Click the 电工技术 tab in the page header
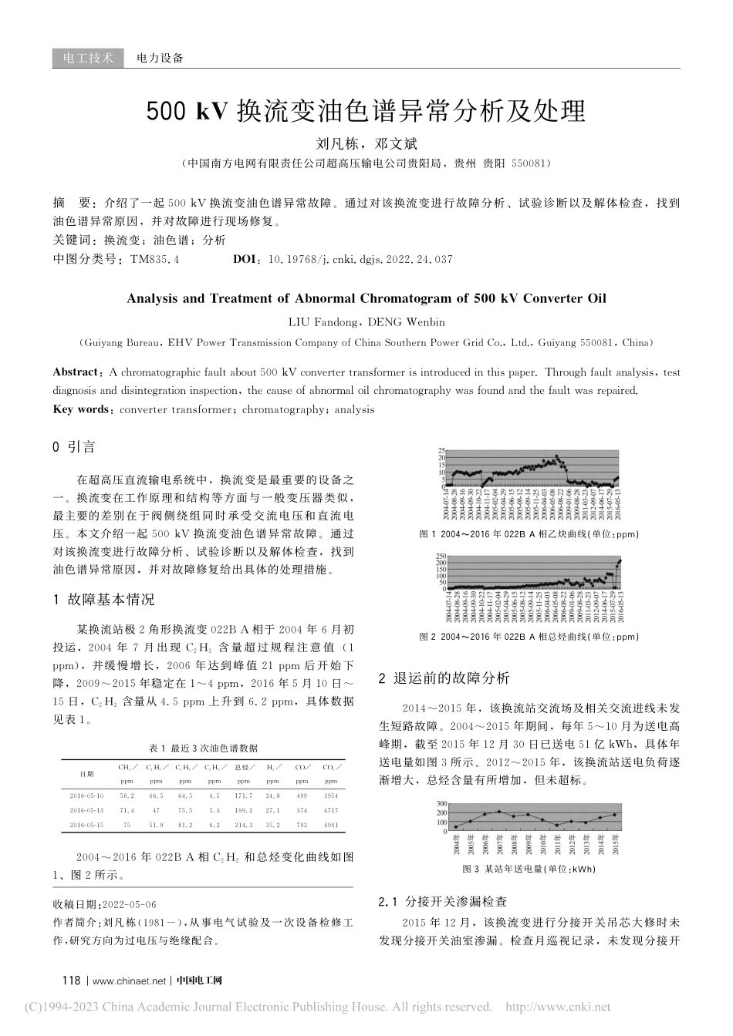[88, 58]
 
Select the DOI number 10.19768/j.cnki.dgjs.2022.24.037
[360, 260]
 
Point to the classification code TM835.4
[155, 260]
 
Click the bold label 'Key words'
[80, 409]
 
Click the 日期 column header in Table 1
[87, 773]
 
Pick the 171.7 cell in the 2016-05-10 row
[245, 795]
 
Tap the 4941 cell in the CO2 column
[330, 826]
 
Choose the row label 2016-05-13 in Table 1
[86, 810]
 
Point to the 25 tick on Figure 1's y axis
[441, 450]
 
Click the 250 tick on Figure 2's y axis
[440, 556]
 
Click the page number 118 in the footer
[71, 980]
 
